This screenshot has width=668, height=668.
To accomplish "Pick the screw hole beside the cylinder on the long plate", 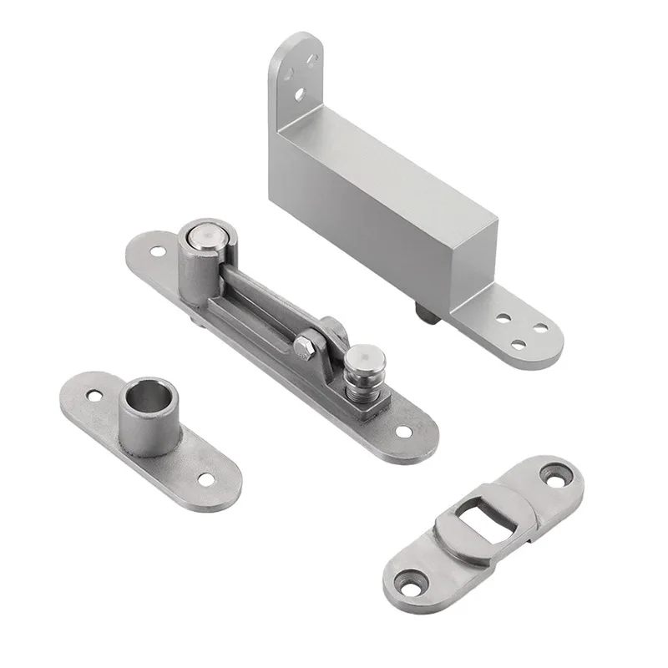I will point(158,250).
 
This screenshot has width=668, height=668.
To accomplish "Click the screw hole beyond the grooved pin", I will point(403,432).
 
